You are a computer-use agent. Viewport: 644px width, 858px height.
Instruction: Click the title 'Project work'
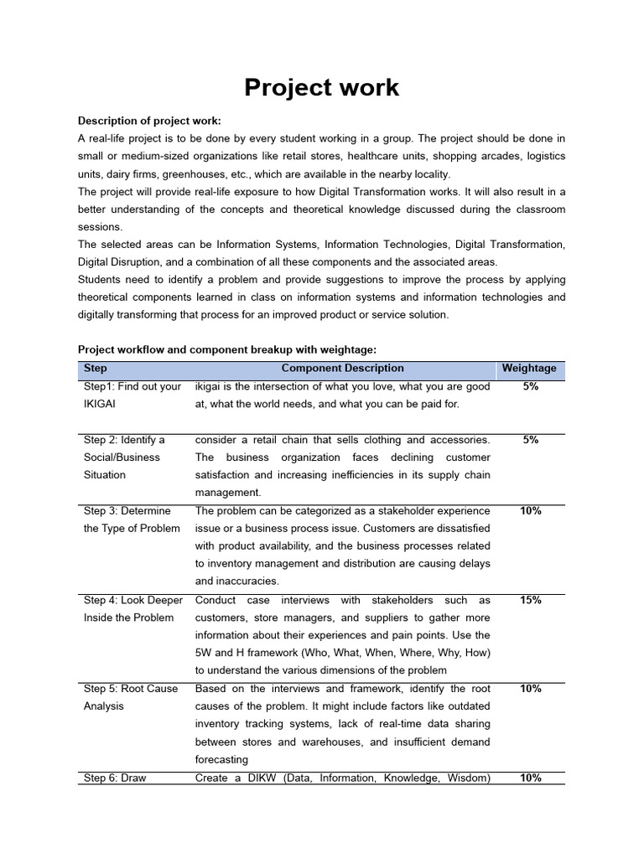click(321, 87)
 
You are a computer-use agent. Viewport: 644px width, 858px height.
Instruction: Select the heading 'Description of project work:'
click(149, 121)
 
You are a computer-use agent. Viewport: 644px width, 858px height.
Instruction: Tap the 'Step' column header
click(96, 369)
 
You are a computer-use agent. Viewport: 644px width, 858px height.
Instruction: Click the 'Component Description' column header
click(342, 369)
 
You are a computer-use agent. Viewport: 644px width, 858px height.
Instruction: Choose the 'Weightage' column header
click(529, 369)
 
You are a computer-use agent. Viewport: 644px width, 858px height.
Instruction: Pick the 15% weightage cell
click(530, 600)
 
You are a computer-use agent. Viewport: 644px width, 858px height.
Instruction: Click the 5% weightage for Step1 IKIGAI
click(530, 387)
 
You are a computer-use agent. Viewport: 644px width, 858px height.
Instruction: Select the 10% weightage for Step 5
click(530, 689)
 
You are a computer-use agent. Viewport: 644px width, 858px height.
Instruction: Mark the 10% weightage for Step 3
click(530, 511)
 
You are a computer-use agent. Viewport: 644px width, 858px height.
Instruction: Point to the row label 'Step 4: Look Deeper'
click(132, 600)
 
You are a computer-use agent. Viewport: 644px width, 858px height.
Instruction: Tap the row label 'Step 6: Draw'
click(115, 778)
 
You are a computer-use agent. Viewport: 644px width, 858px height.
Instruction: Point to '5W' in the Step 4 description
click(205, 653)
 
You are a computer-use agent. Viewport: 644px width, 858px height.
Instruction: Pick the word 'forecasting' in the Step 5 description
click(221, 760)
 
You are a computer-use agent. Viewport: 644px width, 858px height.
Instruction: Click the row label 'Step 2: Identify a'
click(124, 440)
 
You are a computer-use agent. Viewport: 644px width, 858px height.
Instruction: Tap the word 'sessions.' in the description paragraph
click(100, 227)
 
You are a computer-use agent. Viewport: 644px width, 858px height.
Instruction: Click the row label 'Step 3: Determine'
click(127, 511)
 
